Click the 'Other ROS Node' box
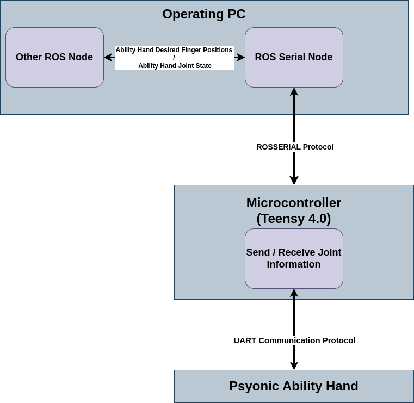54,57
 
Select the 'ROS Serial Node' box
294,57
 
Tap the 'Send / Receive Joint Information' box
294,258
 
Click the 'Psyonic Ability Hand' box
294,386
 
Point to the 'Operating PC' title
204,14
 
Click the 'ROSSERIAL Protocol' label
295,147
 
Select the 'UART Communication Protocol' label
294,340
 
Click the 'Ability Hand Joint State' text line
175,66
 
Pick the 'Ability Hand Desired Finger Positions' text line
174,50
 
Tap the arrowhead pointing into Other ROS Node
108,57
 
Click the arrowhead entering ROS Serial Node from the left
241,57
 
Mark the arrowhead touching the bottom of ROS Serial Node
294,91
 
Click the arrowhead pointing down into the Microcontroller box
294,181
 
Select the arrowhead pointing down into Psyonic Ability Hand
294,366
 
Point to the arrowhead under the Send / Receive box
294,293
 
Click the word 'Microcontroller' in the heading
294,203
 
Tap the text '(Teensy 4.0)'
294,219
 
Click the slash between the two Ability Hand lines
174,58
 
